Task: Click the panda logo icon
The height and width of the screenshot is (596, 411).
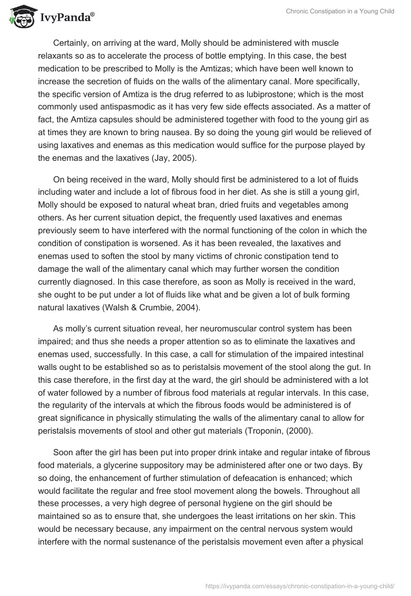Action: [x=20, y=16]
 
